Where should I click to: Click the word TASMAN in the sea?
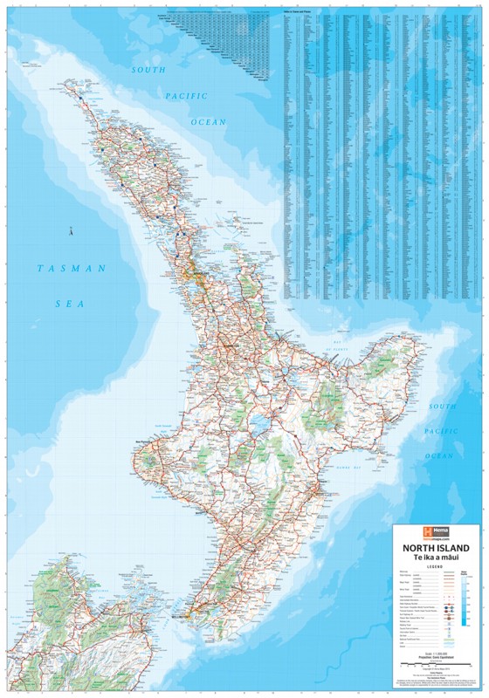pos(65,268)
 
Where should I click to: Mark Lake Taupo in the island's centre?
pos(259,427)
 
